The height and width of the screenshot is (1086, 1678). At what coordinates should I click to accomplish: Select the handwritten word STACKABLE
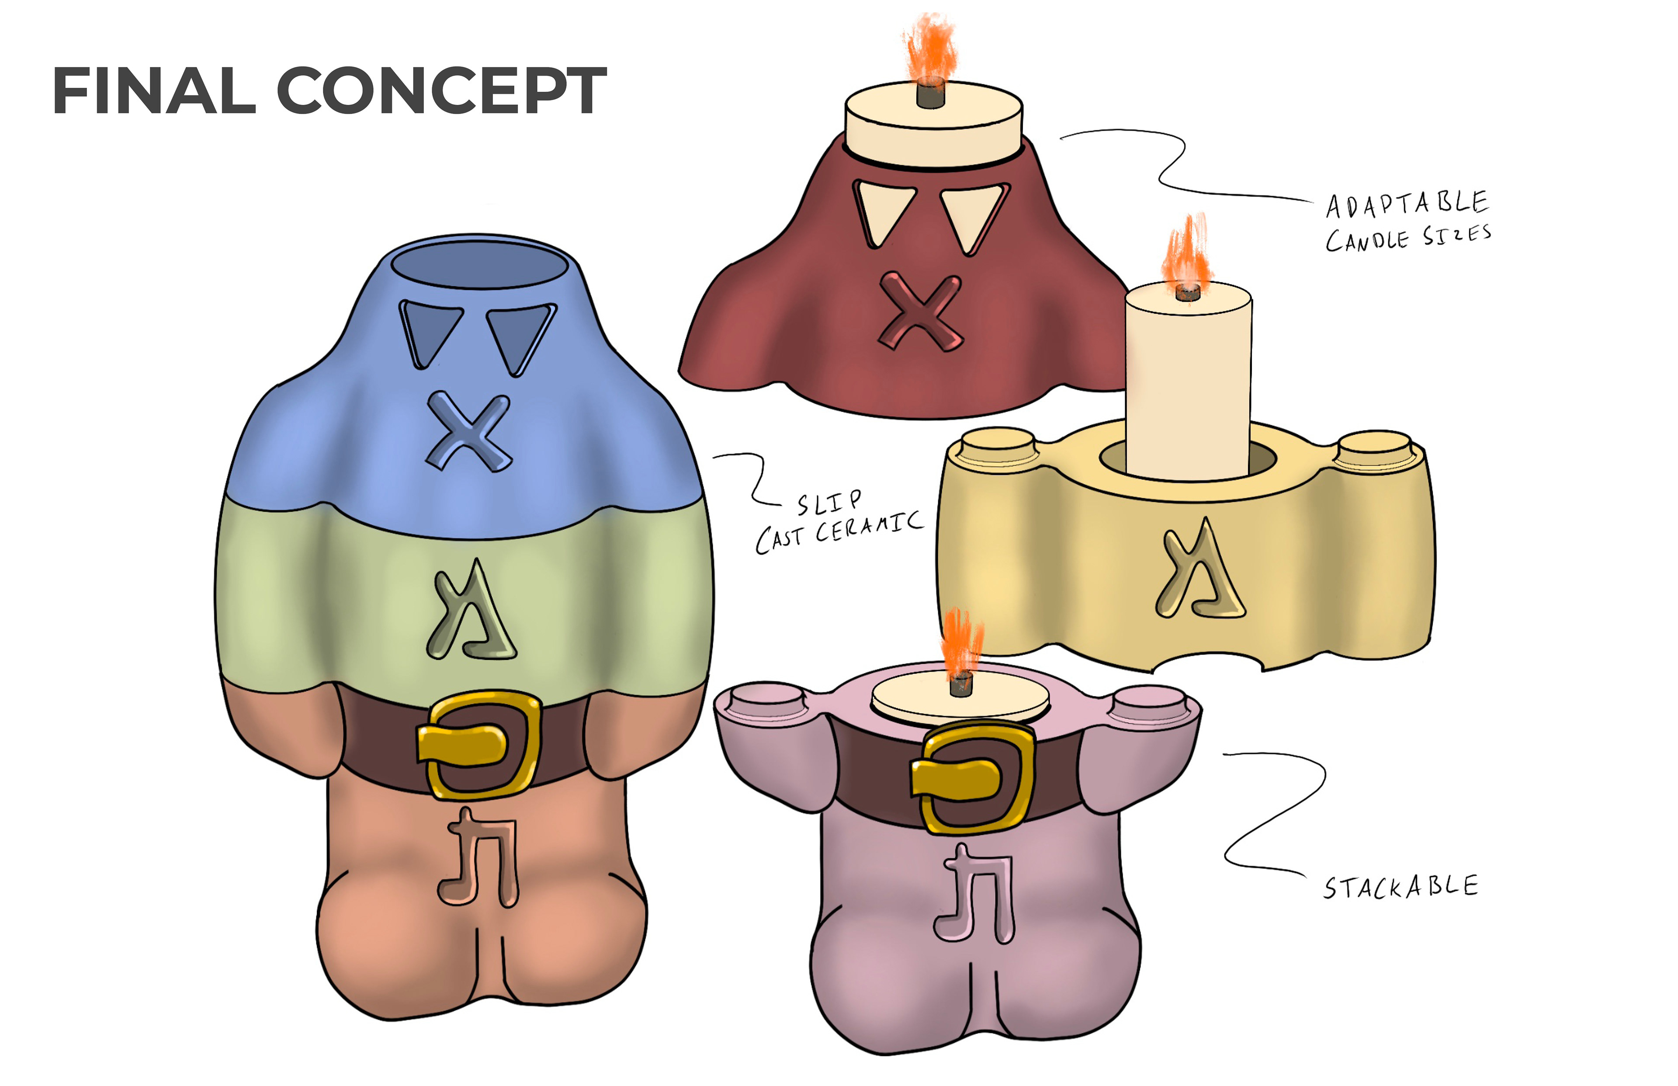point(1400,887)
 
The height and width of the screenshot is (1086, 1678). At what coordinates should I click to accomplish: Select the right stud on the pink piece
point(1149,700)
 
